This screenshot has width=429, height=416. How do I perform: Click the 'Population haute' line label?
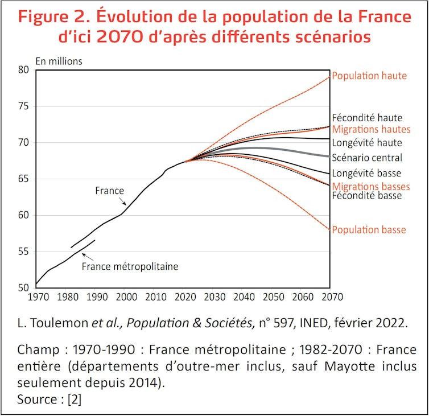tap(370, 75)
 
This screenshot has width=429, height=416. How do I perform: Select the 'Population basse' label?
tap(369, 230)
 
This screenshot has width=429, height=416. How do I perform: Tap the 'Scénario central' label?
tap(367, 158)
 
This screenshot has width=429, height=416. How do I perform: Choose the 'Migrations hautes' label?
tap(371, 129)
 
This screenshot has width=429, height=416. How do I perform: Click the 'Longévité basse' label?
tap(367, 172)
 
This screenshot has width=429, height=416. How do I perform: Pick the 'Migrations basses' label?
tap(370, 186)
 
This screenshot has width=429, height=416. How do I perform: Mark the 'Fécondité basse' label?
tap(366, 196)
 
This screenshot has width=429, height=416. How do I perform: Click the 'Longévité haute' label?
tap(367, 143)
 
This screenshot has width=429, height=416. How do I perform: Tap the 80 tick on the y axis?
tap(24, 70)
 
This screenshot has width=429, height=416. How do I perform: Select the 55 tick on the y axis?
tap(24, 252)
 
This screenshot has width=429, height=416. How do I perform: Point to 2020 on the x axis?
tap(184, 296)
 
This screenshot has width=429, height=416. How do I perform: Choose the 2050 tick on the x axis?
tap(273, 296)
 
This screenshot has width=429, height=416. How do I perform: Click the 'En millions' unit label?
tap(59, 61)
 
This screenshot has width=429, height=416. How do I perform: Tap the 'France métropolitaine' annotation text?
tap(130, 266)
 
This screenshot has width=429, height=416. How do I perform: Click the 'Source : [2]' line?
tap(49, 399)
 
